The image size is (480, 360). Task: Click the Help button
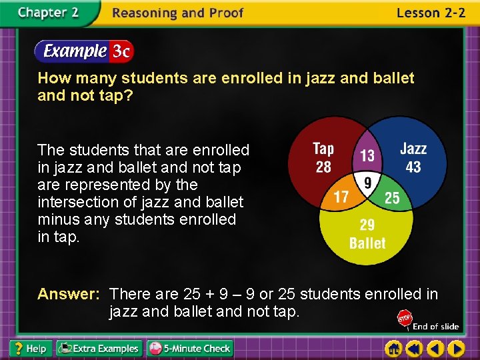[x=29, y=348]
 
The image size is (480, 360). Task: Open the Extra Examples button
[x=99, y=348]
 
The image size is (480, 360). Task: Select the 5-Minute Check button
[x=190, y=348]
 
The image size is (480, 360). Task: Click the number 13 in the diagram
[x=367, y=155]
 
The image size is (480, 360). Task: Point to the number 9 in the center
[x=366, y=181]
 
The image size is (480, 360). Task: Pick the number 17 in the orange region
[x=341, y=198]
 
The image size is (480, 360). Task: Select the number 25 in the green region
[x=392, y=198]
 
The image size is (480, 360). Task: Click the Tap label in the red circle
[x=323, y=149]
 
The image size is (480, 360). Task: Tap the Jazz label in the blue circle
[x=413, y=149]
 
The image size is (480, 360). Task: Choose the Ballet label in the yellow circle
[x=367, y=243]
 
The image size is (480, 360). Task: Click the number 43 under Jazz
[x=413, y=167]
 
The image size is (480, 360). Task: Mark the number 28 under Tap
[x=323, y=167]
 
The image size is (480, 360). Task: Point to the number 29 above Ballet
[x=367, y=225]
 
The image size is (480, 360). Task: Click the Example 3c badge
[x=84, y=51]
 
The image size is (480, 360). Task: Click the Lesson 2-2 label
[x=431, y=13]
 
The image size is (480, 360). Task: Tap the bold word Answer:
[x=69, y=294]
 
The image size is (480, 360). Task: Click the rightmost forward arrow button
[x=456, y=348]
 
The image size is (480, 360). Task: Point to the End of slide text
[x=435, y=326]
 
